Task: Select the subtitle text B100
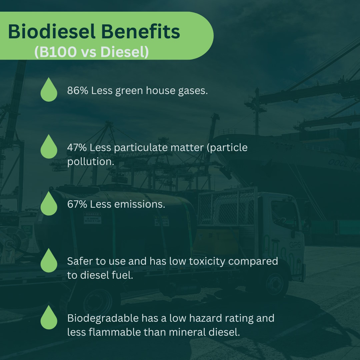pos(56,52)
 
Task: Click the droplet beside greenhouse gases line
pos(49,90)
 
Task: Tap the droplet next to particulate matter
pos(49,147)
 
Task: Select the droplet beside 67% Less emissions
pos(49,204)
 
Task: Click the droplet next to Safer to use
pos(49,261)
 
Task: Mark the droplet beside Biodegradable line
pos(49,318)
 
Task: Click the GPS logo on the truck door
pos(295,245)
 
